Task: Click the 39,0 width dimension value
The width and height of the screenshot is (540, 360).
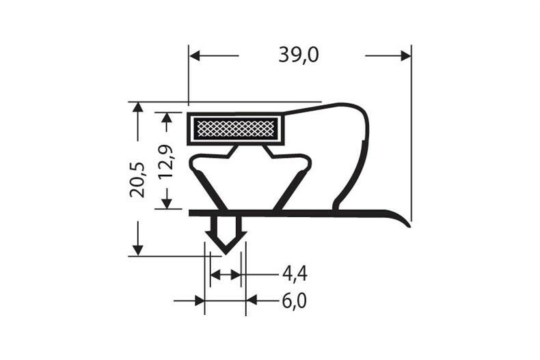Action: pos(299,55)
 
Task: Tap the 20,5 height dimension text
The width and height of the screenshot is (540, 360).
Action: pos(138,180)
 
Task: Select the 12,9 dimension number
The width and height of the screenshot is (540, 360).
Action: pos(167,162)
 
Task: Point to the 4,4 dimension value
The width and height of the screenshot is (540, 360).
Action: pos(295,275)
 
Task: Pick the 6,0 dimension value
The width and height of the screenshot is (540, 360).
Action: pos(295,301)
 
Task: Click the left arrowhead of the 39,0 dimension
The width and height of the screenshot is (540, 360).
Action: pos(195,55)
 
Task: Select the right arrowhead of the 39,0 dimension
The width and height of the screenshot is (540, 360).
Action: pos(406,55)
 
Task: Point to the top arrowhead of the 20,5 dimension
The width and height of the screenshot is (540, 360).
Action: pos(138,107)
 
